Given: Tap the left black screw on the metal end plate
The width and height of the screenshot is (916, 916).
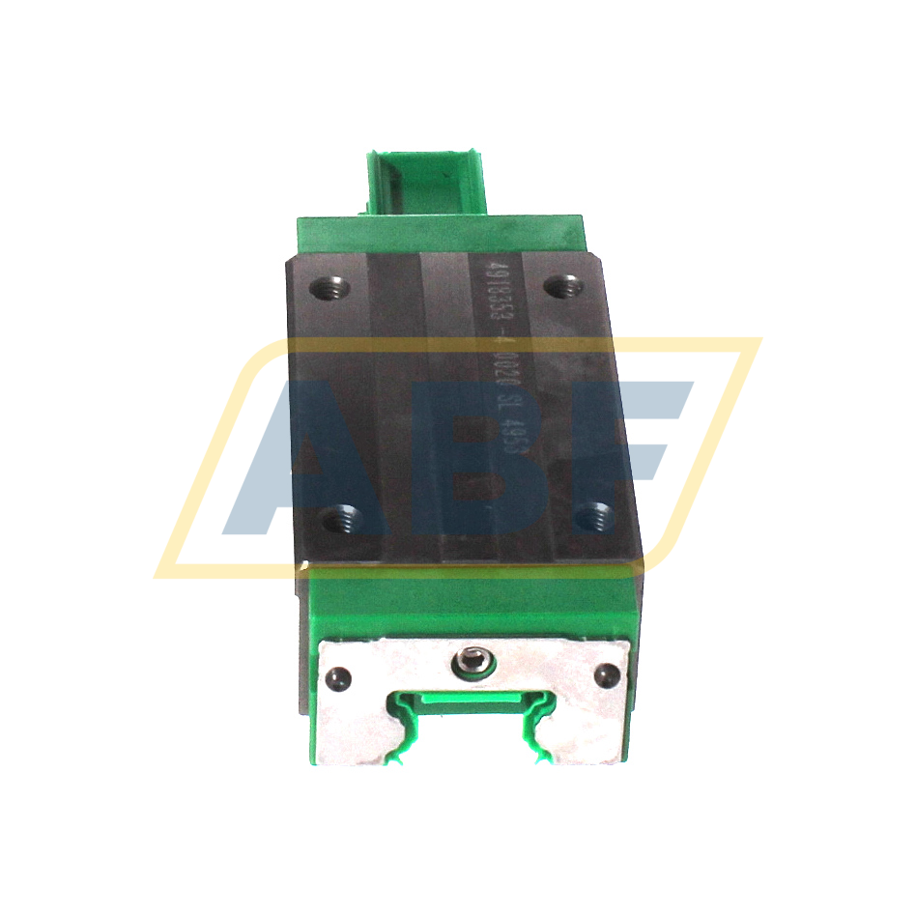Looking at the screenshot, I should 339,676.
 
